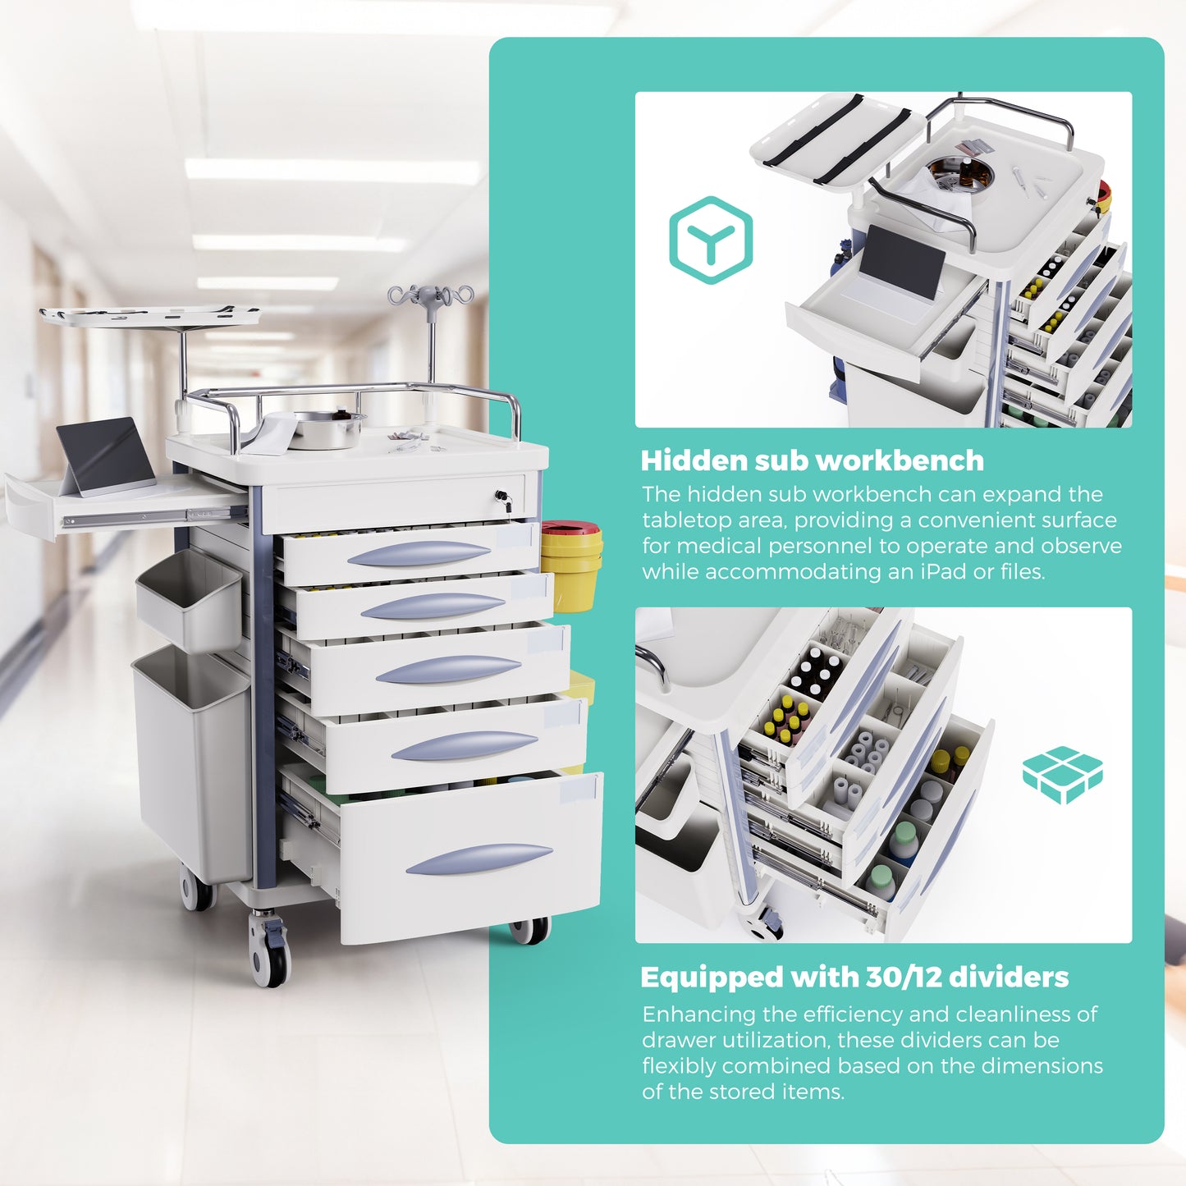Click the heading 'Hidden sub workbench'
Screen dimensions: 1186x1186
click(x=812, y=460)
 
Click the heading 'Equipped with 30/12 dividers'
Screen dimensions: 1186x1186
click(x=854, y=977)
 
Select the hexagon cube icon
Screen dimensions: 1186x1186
click(x=711, y=240)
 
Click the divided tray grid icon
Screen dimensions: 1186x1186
click(x=1062, y=775)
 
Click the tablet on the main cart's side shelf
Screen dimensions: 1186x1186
click(x=108, y=456)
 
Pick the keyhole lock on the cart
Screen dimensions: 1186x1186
click(x=502, y=497)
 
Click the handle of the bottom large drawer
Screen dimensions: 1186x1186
click(x=479, y=859)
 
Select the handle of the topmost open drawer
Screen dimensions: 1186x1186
click(x=419, y=554)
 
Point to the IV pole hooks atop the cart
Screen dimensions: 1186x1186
click(x=431, y=295)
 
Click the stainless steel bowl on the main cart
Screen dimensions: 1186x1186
click(x=327, y=429)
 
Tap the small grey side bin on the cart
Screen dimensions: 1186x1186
click(x=190, y=598)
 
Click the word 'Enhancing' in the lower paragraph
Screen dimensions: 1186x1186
click(x=698, y=1014)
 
